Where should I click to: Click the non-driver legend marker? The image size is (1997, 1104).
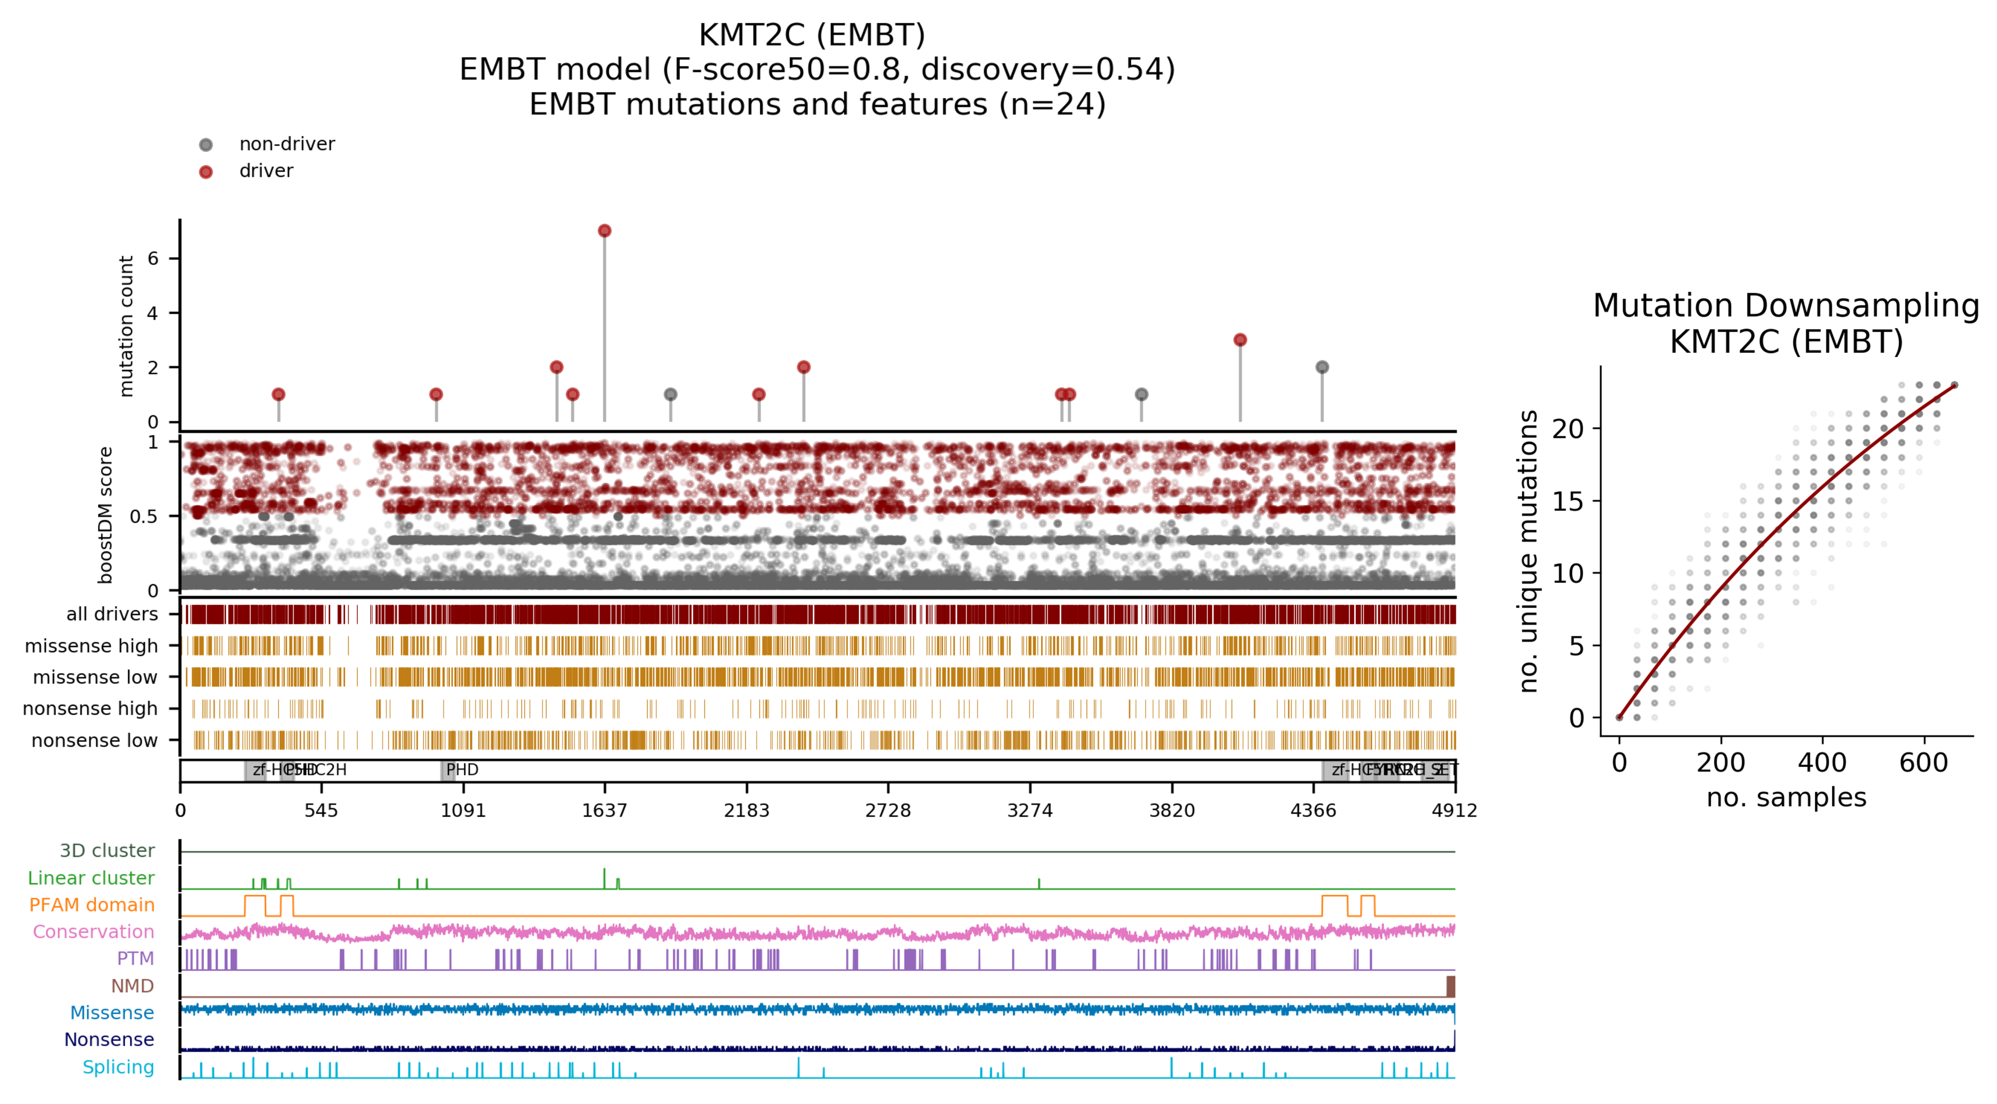206,145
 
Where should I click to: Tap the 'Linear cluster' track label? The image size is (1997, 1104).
91,878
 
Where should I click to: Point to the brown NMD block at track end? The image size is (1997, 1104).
1451,986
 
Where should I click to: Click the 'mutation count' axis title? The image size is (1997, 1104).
126,326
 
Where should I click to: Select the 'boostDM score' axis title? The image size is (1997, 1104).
105,515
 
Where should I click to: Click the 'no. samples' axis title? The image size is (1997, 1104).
1786,797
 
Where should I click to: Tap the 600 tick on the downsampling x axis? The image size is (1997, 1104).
1923,763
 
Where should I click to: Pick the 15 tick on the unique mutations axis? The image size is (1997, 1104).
1567,502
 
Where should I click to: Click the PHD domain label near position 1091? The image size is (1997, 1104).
462,770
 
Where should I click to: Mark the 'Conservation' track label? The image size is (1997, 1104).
93,932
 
